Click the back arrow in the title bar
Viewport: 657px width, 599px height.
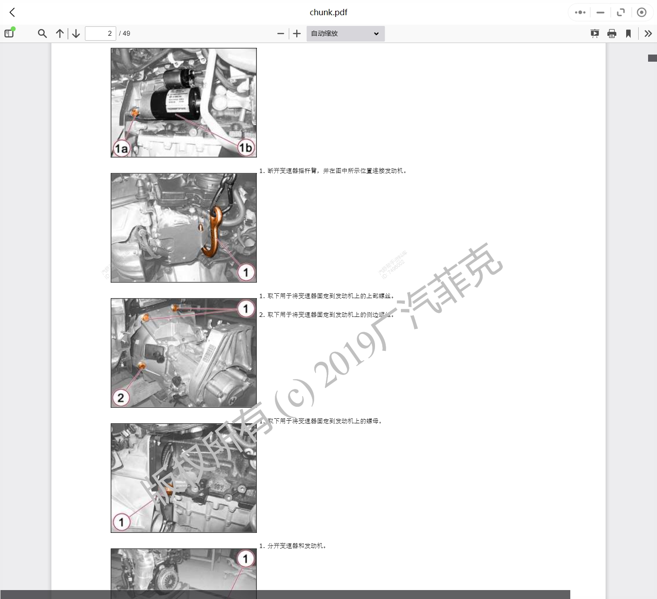click(x=13, y=13)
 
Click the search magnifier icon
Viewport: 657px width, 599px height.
click(x=42, y=34)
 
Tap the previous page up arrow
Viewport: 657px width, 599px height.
click(x=60, y=34)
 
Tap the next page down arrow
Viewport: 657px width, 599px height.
click(x=76, y=34)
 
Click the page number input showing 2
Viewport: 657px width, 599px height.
click(x=101, y=34)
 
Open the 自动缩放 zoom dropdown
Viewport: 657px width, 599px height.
click(x=345, y=34)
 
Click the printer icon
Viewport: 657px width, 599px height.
click(x=612, y=34)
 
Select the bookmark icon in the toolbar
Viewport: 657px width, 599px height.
click(x=628, y=34)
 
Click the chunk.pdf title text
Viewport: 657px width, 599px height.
click(x=328, y=13)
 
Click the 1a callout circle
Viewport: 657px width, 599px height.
click(x=121, y=148)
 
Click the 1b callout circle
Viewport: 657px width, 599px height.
click(x=245, y=148)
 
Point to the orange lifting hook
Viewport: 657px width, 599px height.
click(x=213, y=232)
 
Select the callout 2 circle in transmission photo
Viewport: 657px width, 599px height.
click(x=121, y=397)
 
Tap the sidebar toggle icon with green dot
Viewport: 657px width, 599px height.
click(x=9, y=33)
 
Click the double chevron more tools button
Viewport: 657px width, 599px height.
click(x=648, y=34)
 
